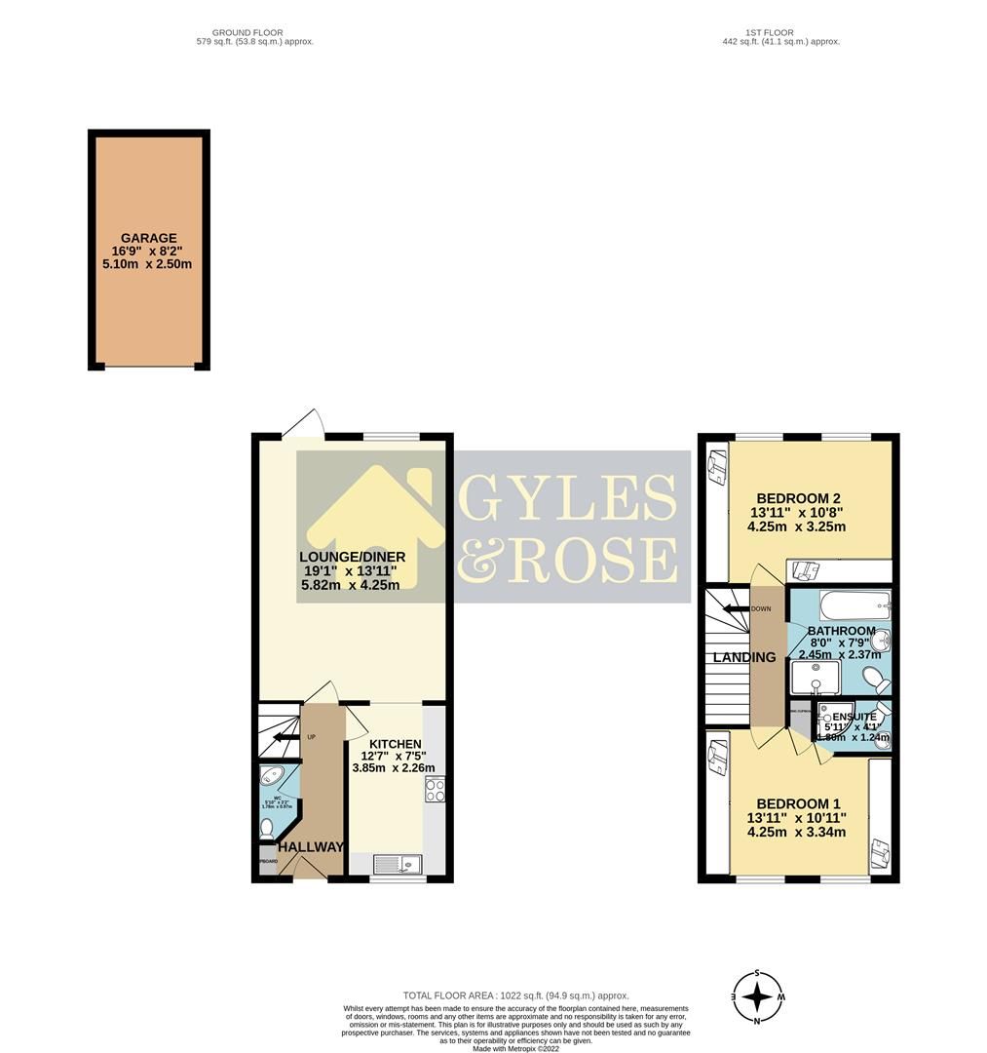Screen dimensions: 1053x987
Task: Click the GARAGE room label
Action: pos(148,237)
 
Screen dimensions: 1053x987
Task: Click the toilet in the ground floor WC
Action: pos(268,829)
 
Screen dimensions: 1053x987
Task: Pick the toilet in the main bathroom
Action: pos(872,678)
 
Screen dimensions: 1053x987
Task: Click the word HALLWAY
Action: pos(311,846)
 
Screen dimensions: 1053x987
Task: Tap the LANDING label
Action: pos(744,657)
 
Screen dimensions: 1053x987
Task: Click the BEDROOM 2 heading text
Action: pos(795,498)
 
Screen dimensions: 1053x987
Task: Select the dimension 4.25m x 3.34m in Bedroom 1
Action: pos(796,832)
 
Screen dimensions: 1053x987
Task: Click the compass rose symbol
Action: pos(757,997)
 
